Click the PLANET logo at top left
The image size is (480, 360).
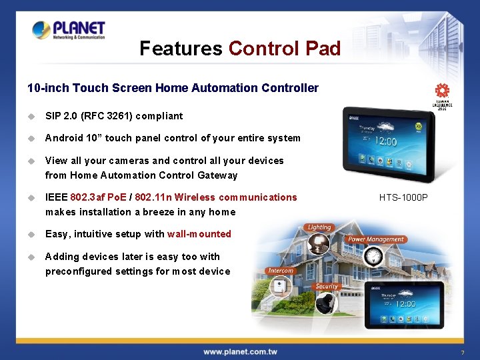point(69,30)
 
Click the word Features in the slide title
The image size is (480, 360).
point(181,49)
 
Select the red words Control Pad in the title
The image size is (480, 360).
point(285,49)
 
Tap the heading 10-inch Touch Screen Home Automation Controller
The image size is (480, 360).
point(173,88)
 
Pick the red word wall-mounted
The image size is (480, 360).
point(199,234)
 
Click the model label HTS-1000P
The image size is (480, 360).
point(403,198)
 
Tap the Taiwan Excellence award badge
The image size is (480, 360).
point(441,95)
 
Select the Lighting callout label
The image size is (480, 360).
point(319,227)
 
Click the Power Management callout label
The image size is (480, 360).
point(376,239)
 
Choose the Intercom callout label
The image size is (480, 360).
point(280,271)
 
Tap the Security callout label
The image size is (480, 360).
point(327,286)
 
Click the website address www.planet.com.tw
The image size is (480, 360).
point(240,351)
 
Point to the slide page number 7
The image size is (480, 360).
point(462,352)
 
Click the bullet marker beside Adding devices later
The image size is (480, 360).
point(31,257)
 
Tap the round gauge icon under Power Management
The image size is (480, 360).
point(374,255)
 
